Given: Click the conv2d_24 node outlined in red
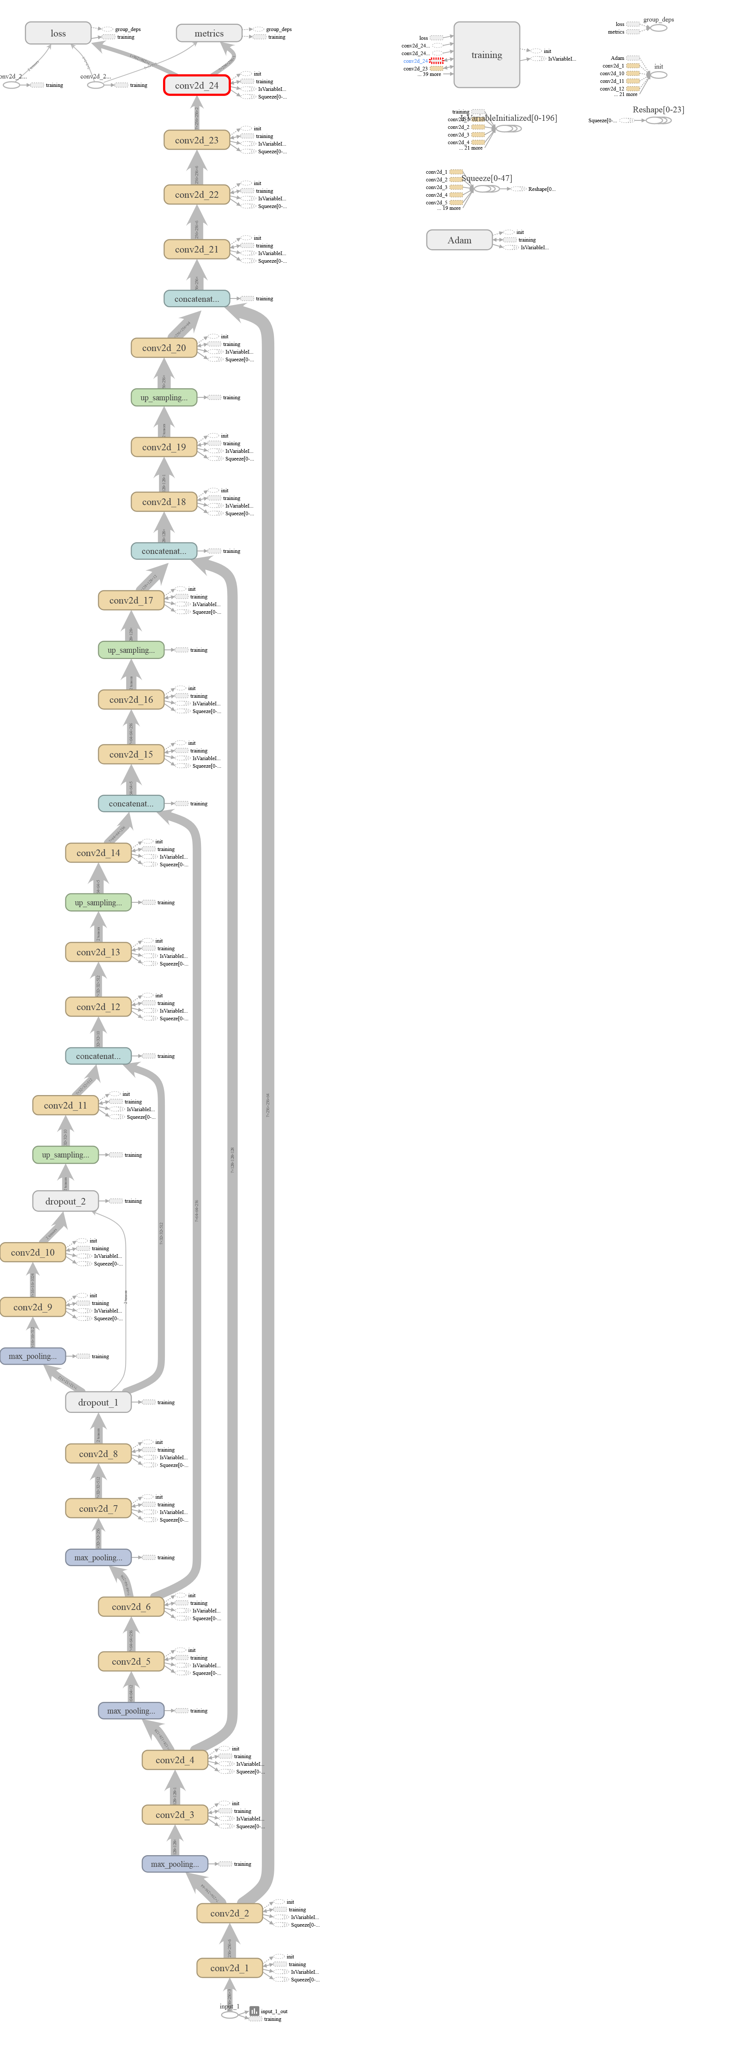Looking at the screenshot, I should tap(197, 85).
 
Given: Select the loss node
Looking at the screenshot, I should tap(58, 34).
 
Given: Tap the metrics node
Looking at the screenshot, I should tap(208, 34).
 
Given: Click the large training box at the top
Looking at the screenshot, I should tap(486, 55).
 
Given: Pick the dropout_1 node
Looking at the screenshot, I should tap(98, 1402).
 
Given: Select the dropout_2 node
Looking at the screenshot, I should tap(65, 1201).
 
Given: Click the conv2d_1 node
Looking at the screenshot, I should tap(229, 1967).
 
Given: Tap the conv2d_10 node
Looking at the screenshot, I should tap(32, 1252).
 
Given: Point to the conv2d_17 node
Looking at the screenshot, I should tap(131, 600).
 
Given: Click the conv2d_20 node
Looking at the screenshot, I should tap(164, 348).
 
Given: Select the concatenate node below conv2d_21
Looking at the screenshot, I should tap(197, 298).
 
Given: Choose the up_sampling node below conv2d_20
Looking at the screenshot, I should tap(164, 397).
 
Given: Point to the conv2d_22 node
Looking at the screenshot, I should tap(197, 194).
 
